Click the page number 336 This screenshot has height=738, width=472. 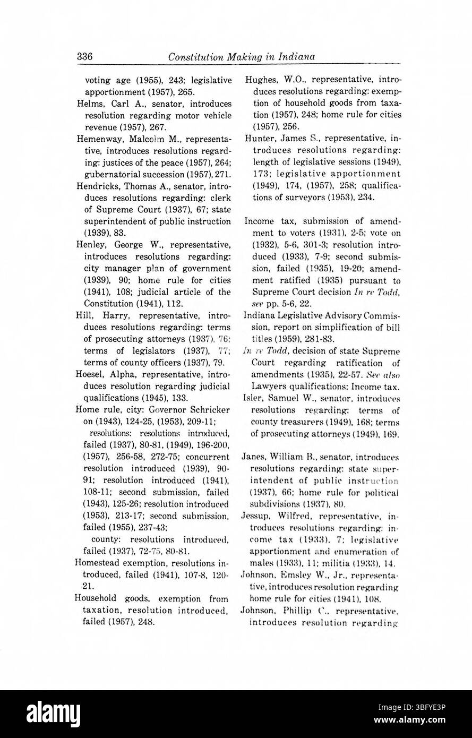(85, 56)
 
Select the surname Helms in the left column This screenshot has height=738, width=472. (89, 104)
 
